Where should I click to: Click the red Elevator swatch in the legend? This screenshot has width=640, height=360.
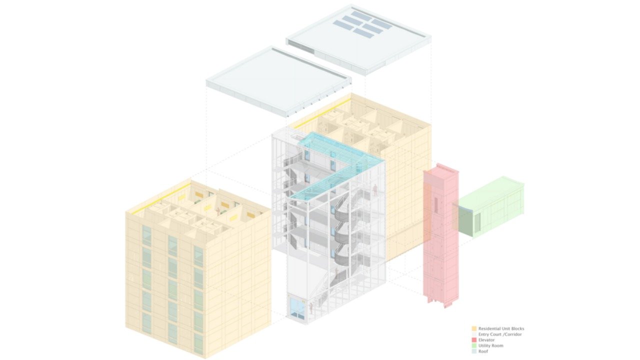coord(474,340)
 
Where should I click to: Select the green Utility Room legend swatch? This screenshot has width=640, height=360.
coord(474,345)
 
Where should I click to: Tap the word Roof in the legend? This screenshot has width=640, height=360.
coord(483,351)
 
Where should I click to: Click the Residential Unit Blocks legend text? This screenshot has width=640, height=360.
coord(501,329)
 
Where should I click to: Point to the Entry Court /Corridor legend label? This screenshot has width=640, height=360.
coord(500,334)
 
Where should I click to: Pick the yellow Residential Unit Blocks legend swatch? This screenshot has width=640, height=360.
coord(474,329)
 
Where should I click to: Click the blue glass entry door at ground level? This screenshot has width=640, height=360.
coord(297,308)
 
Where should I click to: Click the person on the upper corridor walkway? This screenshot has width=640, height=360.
coord(375,190)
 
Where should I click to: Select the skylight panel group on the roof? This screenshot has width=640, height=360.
coord(363,24)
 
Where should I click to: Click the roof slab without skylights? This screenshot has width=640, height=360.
coord(278,81)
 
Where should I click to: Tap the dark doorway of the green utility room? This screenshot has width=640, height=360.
coord(477,221)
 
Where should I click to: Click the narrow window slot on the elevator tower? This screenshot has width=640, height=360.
coord(436,205)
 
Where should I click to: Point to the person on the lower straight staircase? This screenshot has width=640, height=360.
coord(337,273)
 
